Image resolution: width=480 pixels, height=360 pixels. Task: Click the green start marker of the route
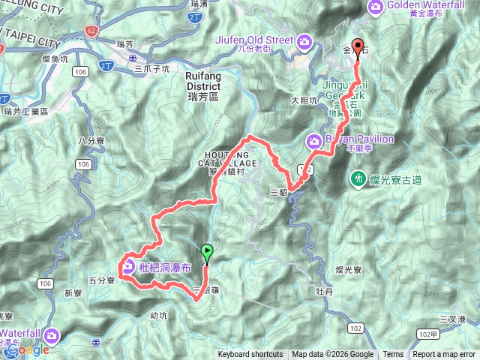click(x=208, y=253)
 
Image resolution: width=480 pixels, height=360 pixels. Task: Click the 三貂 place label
click(x=278, y=192)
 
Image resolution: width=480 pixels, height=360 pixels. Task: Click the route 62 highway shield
click(x=91, y=32)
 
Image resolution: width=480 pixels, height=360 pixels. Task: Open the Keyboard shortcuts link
click(x=250, y=355)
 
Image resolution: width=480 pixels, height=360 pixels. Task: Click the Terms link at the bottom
click(x=393, y=355)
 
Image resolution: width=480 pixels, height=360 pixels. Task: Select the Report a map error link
click(x=445, y=355)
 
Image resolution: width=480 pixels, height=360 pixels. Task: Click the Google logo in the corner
click(x=28, y=349)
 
